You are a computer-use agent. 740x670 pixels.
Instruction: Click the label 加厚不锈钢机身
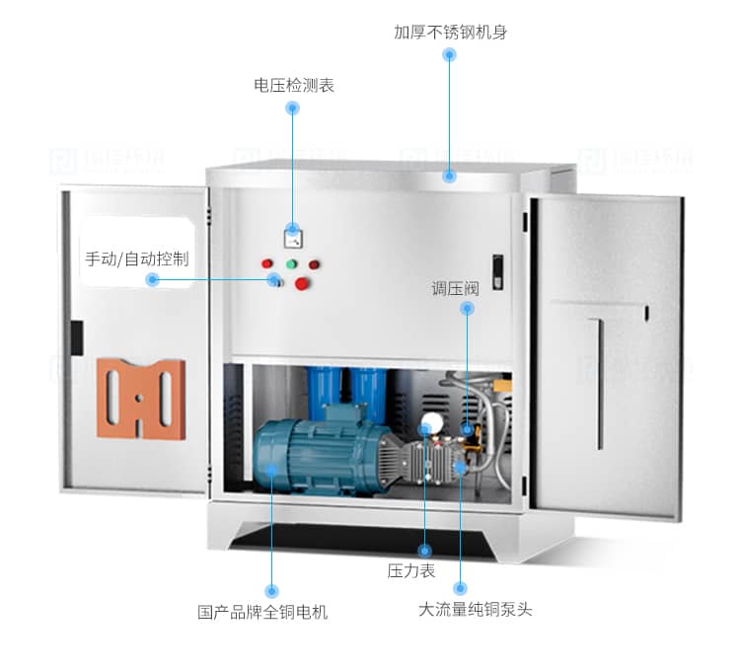coord(450,32)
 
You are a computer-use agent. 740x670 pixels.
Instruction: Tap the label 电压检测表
coord(294,85)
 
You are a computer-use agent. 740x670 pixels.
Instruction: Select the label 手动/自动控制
coord(136,259)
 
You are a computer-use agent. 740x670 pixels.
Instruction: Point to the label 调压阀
coord(455,288)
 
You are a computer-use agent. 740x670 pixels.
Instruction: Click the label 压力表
coord(410,570)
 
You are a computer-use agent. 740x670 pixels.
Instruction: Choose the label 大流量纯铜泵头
coord(475,609)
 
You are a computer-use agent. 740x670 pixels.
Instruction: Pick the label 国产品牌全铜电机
coord(262,612)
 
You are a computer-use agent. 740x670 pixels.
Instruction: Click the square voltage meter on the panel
coord(293,237)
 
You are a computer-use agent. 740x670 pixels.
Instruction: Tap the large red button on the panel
coord(303,284)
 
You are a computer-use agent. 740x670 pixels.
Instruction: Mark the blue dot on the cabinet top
coord(449,176)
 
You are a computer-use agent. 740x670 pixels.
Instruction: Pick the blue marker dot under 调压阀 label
coord(467,308)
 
